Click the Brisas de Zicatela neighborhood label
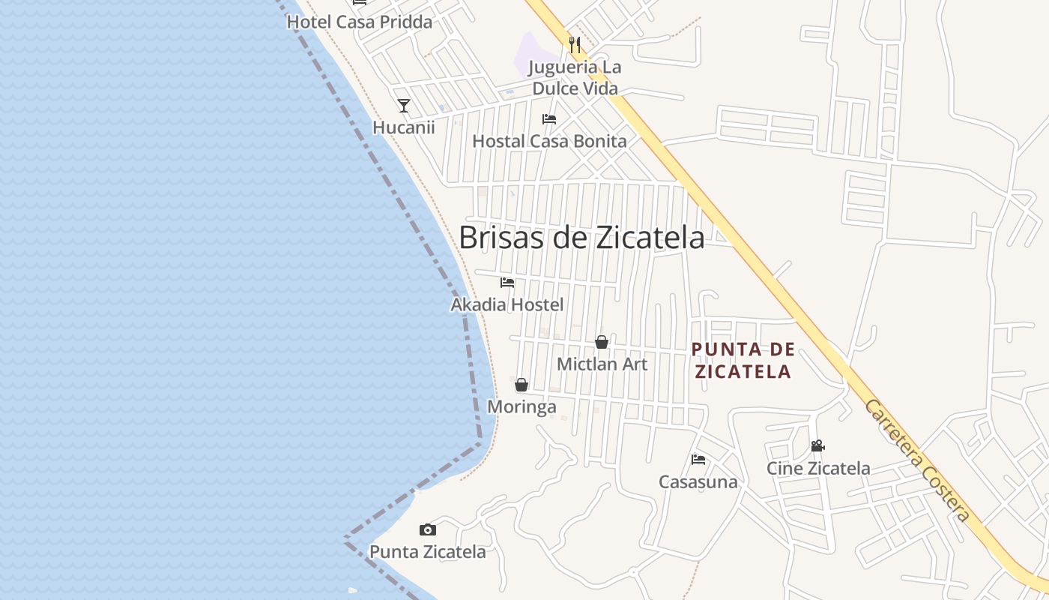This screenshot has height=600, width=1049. tap(581, 238)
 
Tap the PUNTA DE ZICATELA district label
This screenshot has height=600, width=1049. tap(743, 361)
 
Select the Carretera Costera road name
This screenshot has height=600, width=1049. tap(918, 460)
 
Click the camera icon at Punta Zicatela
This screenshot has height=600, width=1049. tap(428, 530)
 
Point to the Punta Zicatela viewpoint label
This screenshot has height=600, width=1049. tap(428, 553)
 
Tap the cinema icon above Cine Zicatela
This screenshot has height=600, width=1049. tap(817, 446)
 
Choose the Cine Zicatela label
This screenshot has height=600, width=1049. tap(818, 469)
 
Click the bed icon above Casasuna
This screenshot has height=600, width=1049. tap(698, 459)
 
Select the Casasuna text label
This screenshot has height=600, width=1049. tap(698, 482)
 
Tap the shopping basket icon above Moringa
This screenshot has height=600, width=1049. tap(522, 385)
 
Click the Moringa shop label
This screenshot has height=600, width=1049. tap(522, 407)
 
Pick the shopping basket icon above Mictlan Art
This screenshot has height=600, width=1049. tap(602, 342)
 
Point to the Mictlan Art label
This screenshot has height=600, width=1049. tap(602, 364)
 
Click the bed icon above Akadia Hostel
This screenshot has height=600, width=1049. tap(507, 283)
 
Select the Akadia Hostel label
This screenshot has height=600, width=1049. tap(507, 305)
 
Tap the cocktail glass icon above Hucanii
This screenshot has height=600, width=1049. tap(404, 105)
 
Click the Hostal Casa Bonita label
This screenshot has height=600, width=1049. tap(549, 141)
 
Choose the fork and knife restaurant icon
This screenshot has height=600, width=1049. tap(575, 45)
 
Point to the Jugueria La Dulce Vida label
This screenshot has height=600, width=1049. tap(575, 78)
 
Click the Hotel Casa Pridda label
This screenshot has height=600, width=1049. tap(360, 22)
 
